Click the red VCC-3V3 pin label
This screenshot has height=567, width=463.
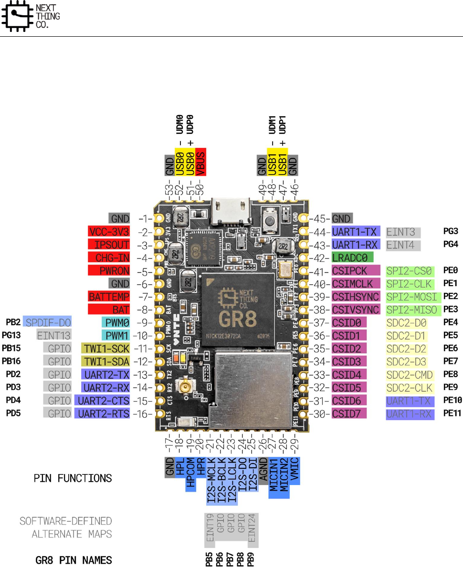coord(109,232)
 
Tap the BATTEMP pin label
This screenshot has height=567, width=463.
coord(109,297)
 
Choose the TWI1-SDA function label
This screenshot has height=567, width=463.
coord(105,361)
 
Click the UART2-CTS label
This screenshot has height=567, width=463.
coord(102,400)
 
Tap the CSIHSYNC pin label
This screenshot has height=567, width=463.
coord(356,297)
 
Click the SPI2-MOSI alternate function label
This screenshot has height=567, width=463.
coord(411,297)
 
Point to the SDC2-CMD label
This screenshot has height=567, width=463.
coord(410,374)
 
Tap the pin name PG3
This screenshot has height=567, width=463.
coord(451,232)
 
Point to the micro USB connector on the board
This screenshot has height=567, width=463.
coord(232,209)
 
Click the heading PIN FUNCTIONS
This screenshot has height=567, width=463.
coord(73,478)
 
